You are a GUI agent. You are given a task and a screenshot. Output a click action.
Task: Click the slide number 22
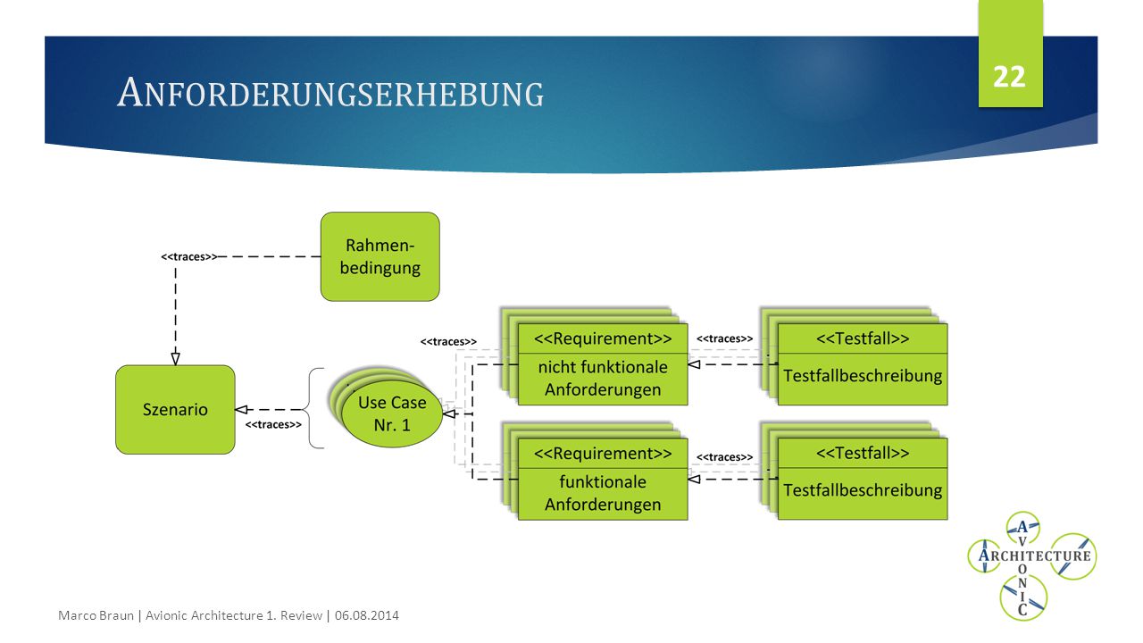pyautogui.click(x=1009, y=77)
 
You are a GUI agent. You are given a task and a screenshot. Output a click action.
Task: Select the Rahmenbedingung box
pyautogui.click(x=380, y=256)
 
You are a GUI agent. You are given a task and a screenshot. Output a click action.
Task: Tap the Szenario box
pyautogui.click(x=175, y=409)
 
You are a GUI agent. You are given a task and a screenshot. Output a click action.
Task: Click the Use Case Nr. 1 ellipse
pyautogui.click(x=392, y=413)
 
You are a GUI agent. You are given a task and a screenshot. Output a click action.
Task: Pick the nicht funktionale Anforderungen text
pyautogui.click(x=603, y=378)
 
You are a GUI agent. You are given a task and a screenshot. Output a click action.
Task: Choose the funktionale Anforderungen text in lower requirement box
pyautogui.click(x=603, y=493)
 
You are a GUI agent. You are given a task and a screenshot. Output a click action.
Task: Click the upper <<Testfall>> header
pyautogui.click(x=863, y=338)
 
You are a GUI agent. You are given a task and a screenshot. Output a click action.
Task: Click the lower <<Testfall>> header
pyautogui.click(x=863, y=453)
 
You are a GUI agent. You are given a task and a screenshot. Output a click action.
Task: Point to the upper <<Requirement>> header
pyautogui.click(x=603, y=338)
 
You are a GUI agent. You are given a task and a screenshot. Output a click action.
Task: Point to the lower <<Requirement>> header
pyautogui.click(x=603, y=453)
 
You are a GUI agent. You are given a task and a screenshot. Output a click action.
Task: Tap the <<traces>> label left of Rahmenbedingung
pyautogui.click(x=188, y=256)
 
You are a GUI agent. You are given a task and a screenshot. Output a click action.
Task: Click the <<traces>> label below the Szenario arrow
pyautogui.click(x=273, y=424)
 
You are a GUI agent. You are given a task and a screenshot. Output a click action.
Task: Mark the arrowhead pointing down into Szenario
pyautogui.click(x=176, y=359)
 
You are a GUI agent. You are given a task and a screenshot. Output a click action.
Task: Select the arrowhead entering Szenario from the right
pyautogui.click(x=241, y=409)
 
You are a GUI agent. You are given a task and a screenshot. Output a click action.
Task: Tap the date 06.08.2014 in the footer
pyautogui.click(x=366, y=615)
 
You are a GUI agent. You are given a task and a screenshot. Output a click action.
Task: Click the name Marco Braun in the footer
pyautogui.click(x=96, y=615)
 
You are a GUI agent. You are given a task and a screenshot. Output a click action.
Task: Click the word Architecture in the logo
pyautogui.click(x=1034, y=555)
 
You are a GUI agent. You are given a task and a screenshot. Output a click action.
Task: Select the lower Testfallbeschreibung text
pyautogui.click(x=863, y=490)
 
